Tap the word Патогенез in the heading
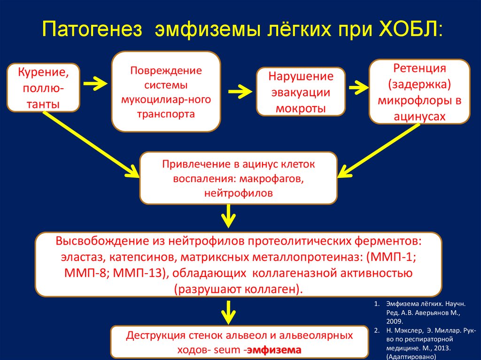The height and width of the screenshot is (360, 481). click(92, 30)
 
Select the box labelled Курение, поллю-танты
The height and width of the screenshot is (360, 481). click(43, 88)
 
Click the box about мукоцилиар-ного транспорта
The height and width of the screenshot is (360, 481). click(166, 92)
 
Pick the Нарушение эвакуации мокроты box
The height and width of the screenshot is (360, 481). click(301, 92)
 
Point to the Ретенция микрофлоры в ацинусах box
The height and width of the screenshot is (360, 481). click(419, 92)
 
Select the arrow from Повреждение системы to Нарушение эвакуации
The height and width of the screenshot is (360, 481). click(240, 92)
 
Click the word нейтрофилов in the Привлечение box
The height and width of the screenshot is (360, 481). click(238, 193)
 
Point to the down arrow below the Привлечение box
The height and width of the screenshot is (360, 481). click(228, 216)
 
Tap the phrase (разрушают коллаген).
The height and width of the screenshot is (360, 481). click(238, 289)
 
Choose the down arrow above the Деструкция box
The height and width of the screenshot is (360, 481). click(228, 313)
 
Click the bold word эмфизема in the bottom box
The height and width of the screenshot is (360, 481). click(274, 350)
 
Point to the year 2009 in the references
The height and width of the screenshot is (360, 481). click(394, 322)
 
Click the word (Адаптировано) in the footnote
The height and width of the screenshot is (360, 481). click(411, 357)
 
